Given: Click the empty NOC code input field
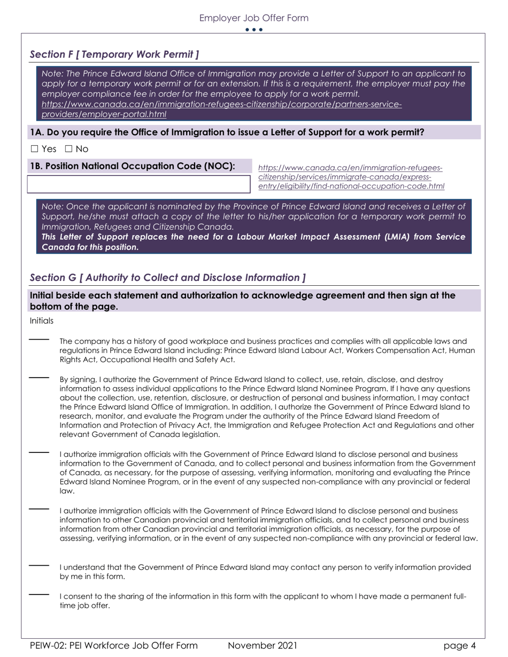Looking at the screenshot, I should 138,183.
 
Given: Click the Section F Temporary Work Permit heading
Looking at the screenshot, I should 114,54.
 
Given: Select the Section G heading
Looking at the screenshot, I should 168,277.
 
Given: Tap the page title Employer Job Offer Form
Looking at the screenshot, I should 253,18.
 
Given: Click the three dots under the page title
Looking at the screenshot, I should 253,30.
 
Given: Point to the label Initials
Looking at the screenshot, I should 42,320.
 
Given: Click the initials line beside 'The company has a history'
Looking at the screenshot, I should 39,339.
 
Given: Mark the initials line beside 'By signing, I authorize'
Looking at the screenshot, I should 39,378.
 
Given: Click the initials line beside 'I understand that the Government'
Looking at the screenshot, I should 39,565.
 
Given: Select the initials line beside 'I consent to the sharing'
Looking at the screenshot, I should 39,594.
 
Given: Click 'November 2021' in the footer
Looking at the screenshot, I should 262,646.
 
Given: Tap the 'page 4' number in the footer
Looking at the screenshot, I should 459,646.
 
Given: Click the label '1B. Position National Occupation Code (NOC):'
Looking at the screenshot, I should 133,166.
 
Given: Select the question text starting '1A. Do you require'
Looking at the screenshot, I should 227,132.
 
